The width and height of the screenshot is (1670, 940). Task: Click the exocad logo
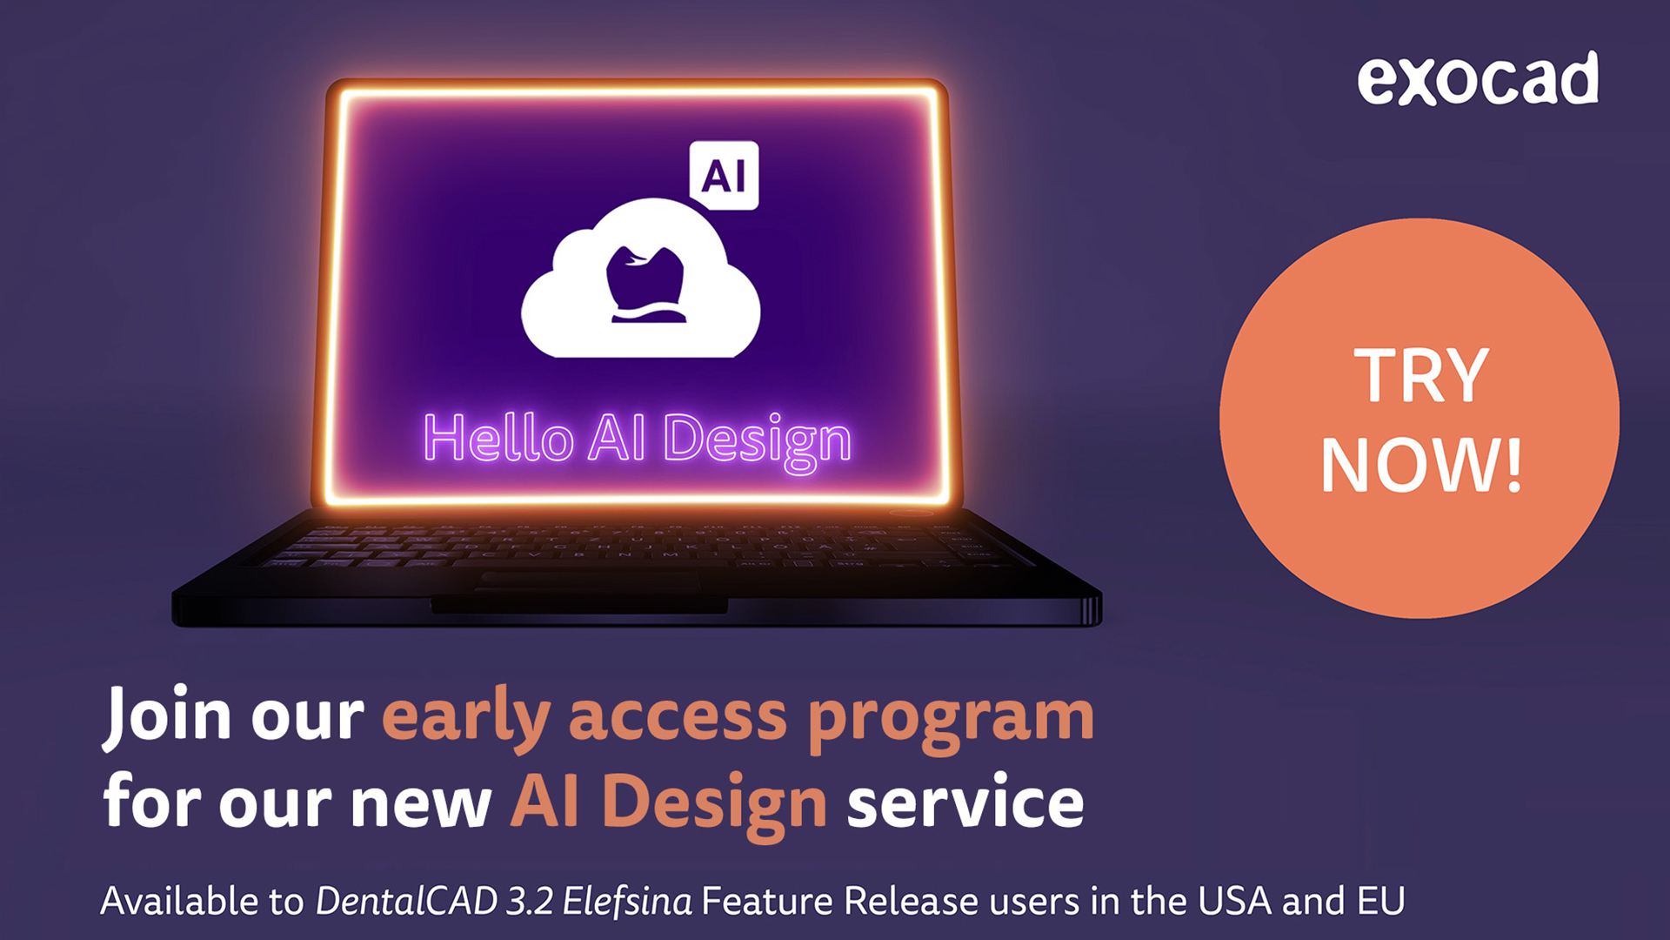click(1478, 78)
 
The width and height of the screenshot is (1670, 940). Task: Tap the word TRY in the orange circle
click(1421, 375)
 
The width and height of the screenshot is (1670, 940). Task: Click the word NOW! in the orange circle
click(1421, 465)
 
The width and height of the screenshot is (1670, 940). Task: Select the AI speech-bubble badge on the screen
click(724, 176)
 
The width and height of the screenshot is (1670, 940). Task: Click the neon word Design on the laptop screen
click(757, 441)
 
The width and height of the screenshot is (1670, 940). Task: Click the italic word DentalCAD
click(406, 901)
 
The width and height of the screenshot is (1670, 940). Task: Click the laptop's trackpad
click(586, 581)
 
